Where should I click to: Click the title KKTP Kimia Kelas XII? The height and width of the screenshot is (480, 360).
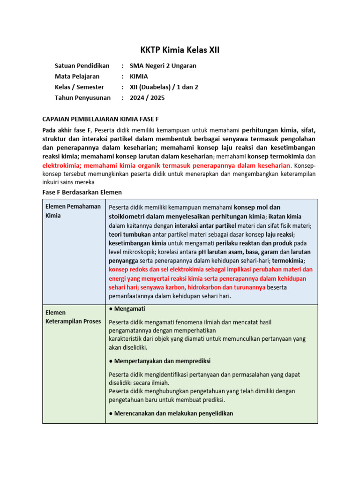click(180, 50)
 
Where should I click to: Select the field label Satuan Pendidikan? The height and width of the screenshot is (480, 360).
click(82, 66)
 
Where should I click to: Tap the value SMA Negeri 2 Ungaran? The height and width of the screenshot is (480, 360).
click(163, 66)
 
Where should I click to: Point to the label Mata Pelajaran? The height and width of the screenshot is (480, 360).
click(77, 76)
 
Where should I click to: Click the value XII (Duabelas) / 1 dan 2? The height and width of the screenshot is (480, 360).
click(164, 87)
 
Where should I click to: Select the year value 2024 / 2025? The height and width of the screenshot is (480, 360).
click(147, 98)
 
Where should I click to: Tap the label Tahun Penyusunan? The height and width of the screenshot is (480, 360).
click(82, 98)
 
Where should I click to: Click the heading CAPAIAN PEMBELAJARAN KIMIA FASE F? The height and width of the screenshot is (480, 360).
click(104, 120)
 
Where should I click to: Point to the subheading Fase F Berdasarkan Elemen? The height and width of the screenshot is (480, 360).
click(82, 193)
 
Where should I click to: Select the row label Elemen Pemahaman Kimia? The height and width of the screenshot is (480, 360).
click(73, 211)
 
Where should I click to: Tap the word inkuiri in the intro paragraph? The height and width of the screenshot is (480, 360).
click(52, 182)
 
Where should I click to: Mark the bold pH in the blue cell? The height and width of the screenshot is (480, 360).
click(202, 252)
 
